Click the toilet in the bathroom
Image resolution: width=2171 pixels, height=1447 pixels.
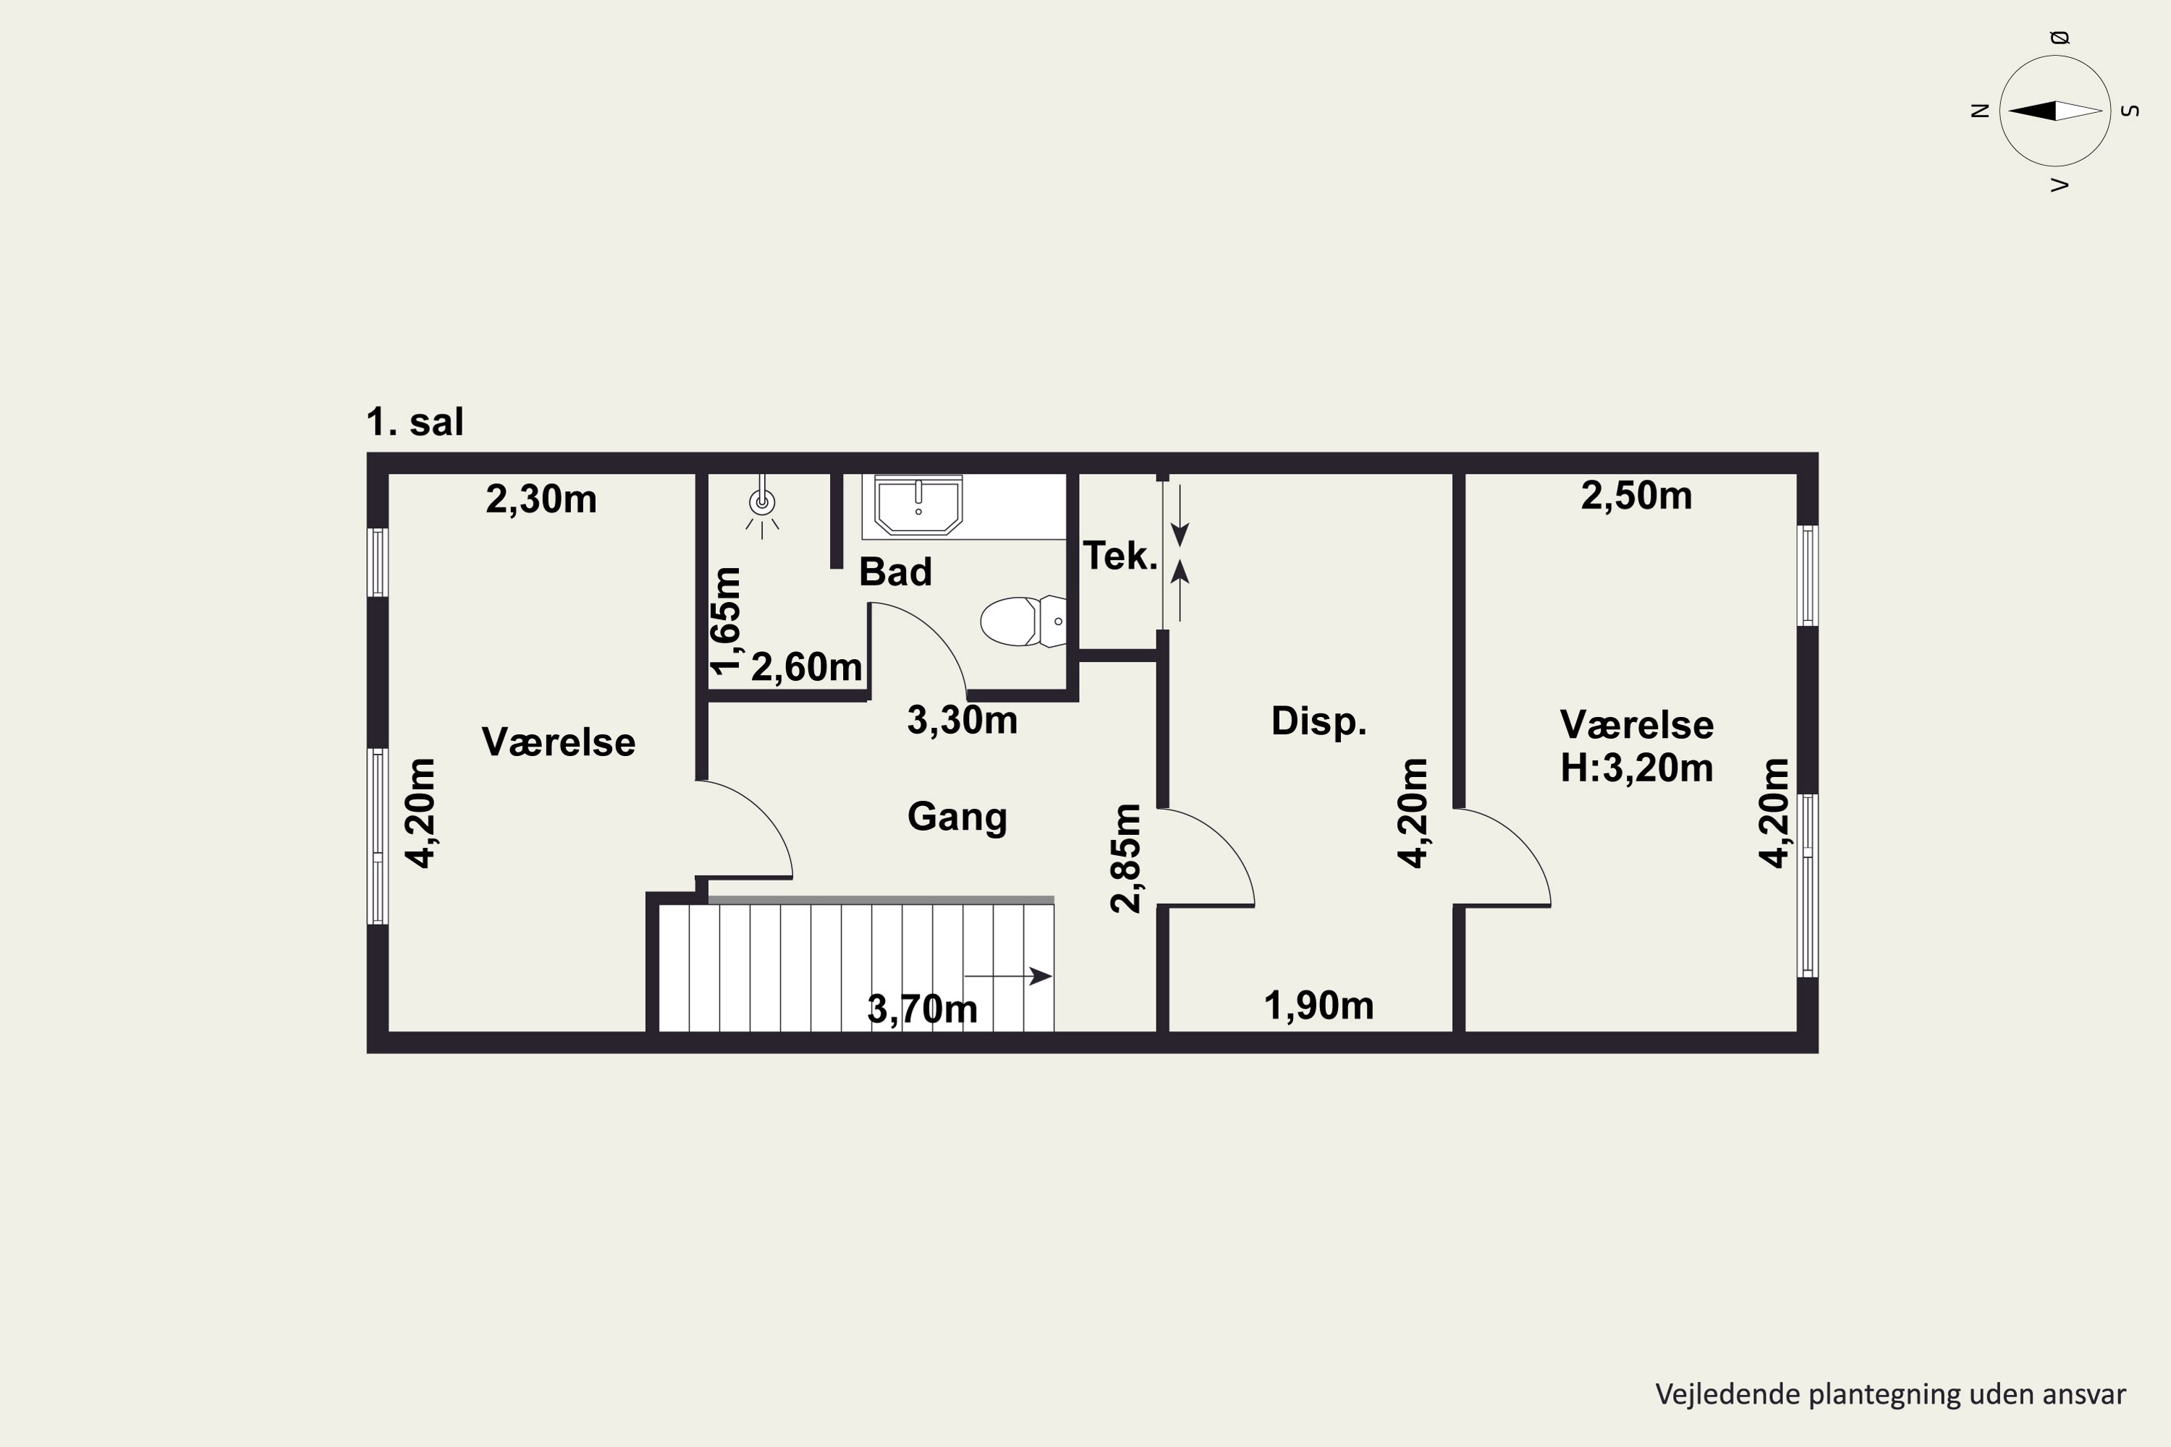[1023, 621]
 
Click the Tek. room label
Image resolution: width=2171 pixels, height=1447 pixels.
[1120, 556]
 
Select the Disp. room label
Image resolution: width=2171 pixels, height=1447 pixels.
[1318, 721]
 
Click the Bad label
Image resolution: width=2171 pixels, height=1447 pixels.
[895, 572]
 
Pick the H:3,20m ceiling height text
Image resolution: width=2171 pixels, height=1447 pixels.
[1636, 768]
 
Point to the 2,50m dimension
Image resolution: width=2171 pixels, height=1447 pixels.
[1636, 496]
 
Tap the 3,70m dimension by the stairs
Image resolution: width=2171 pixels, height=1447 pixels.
[922, 1009]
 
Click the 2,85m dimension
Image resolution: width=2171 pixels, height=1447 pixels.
[1126, 858]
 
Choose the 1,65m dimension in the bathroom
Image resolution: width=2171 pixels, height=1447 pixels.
[727, 621]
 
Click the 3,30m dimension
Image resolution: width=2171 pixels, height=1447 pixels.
[962, 721]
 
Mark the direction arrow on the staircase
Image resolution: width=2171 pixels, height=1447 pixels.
[1008, 975]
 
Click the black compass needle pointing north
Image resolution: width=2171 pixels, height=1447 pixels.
[2033, 111]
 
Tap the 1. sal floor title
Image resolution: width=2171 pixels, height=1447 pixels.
[415, 422]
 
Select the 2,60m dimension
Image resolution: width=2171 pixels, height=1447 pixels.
[806, 667]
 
